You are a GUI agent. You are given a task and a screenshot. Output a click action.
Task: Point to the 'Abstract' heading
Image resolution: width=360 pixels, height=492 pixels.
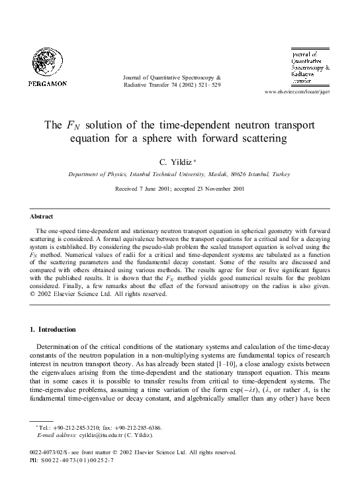pos(42,217)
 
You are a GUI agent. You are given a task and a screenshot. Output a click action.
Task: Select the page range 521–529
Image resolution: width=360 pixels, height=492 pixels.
pos(208,85)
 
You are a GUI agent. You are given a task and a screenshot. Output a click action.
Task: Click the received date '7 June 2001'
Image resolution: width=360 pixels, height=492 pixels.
pos(154,189)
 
